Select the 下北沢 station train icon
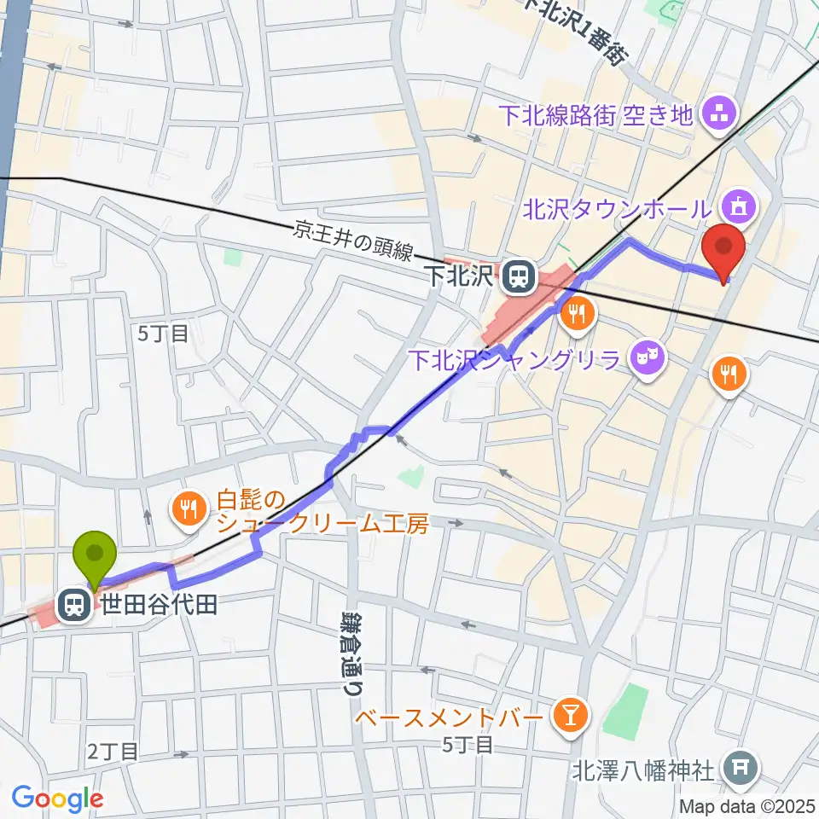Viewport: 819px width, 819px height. pyautogui.click(x=515, y=276)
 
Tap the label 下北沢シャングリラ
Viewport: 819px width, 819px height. pyautogui.click(x=520, y=358)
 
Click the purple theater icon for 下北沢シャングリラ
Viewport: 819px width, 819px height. pyautogui.click(x=648, y=351)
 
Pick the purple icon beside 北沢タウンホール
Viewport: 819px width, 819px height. pyautogui.click(x=735, y=206)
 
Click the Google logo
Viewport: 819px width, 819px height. pyautogui.click(x=57, y=799)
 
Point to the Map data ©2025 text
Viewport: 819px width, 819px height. pyautogui.click(x=747, y=805)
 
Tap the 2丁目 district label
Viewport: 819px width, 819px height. pyautogui.click(x=113, y=751)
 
